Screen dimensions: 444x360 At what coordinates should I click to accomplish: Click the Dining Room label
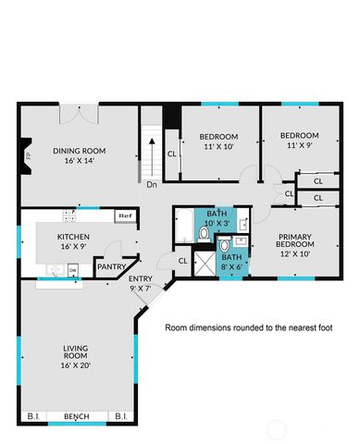pos(80,155)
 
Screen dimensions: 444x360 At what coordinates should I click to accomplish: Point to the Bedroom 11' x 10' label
pos(218,141)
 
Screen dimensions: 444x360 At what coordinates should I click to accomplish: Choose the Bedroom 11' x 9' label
pos(299,140)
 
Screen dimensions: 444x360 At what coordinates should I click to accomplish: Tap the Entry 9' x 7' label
pos(141,284)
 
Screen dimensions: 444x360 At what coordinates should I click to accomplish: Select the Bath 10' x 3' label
pos(216,218)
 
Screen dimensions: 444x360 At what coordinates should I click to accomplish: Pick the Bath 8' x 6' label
pos(232,262)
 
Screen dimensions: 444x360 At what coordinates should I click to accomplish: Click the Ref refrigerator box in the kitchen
pos(124,216)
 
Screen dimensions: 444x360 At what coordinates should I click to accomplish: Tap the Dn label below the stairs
pos(151,184)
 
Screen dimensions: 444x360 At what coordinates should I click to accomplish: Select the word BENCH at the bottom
pos(76,417)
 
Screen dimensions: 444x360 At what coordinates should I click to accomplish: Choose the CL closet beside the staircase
pos(172,154)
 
